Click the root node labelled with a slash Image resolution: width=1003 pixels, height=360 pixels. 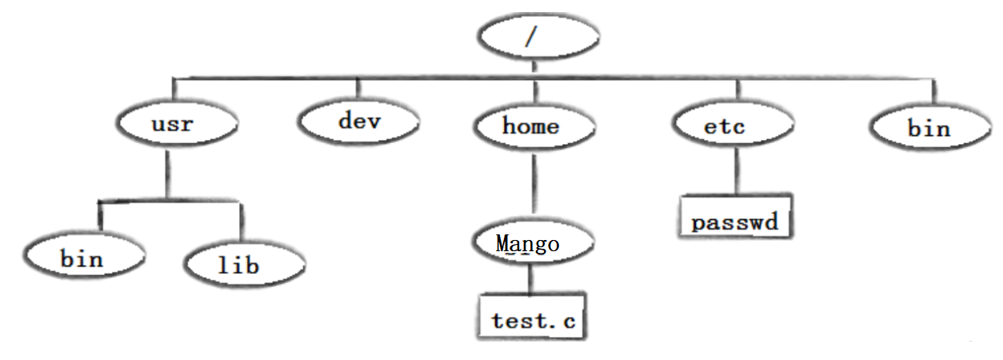[537, 38]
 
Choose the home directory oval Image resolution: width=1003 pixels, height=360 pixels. [534, 126]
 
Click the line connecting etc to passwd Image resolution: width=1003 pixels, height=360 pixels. [735, 171]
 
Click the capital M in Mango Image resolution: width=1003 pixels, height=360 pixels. [504, 243]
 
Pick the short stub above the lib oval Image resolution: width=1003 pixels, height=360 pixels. [241, 220]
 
